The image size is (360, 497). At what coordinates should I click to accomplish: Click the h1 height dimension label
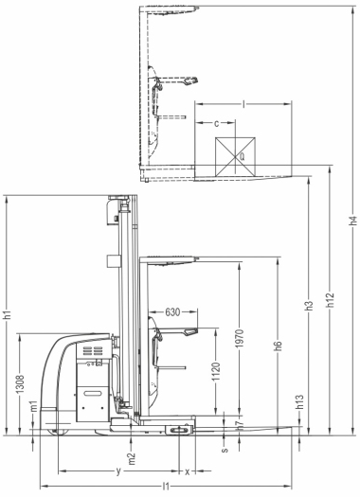click(x=8, y=314)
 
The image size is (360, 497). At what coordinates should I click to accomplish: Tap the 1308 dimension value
click(x=21, y=383)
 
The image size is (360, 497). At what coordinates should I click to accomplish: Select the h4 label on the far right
click(x=353, y=221)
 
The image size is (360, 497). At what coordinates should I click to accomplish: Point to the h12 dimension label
click(x=331, y=299)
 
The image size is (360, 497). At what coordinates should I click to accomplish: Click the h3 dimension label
click(x=309, y=305)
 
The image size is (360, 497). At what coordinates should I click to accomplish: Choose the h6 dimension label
click(x=279, y=346)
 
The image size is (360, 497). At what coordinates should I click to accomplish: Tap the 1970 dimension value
click(x=240, y=338)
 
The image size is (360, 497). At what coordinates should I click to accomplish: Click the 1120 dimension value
click(x=216, y=372)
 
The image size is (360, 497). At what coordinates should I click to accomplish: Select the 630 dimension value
click(x=172, y=312)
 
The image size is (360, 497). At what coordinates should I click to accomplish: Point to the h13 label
click(x=300, y=401)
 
